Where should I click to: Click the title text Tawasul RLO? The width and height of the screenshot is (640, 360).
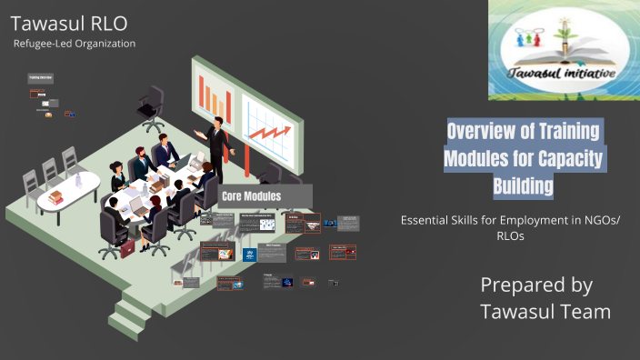(x=70, y=22)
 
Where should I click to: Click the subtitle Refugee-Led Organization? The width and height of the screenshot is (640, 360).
(x=75, y=43)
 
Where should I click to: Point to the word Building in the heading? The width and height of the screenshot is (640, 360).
(x=522, y=186)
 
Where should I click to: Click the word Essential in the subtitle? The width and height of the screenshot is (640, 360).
(x=428, y=219)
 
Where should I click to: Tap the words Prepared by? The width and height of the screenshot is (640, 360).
(x=536, y=285)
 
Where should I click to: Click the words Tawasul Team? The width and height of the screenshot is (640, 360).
(x=545, y=312)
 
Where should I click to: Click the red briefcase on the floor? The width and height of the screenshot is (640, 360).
(x=127, y=247)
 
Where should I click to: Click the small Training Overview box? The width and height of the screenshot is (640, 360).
(x=39, y=79)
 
